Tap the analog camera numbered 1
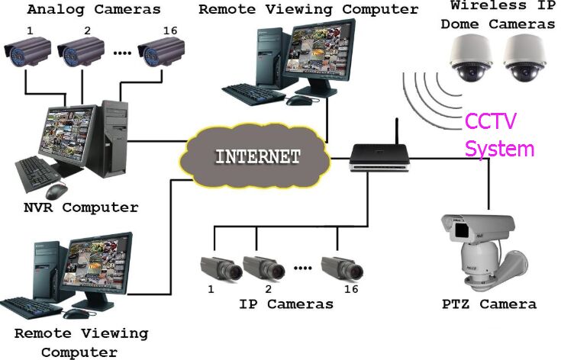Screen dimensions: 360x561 [x=26, y=51]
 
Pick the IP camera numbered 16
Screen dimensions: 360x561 [x=340, y=267]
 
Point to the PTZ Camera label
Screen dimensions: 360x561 [x=489, y=304]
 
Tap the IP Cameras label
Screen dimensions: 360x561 [x=286, y=304]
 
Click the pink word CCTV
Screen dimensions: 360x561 [x=492, y=121]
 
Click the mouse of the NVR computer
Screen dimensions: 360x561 [x=56, y=189]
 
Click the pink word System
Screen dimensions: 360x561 [x=500, y=148]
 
